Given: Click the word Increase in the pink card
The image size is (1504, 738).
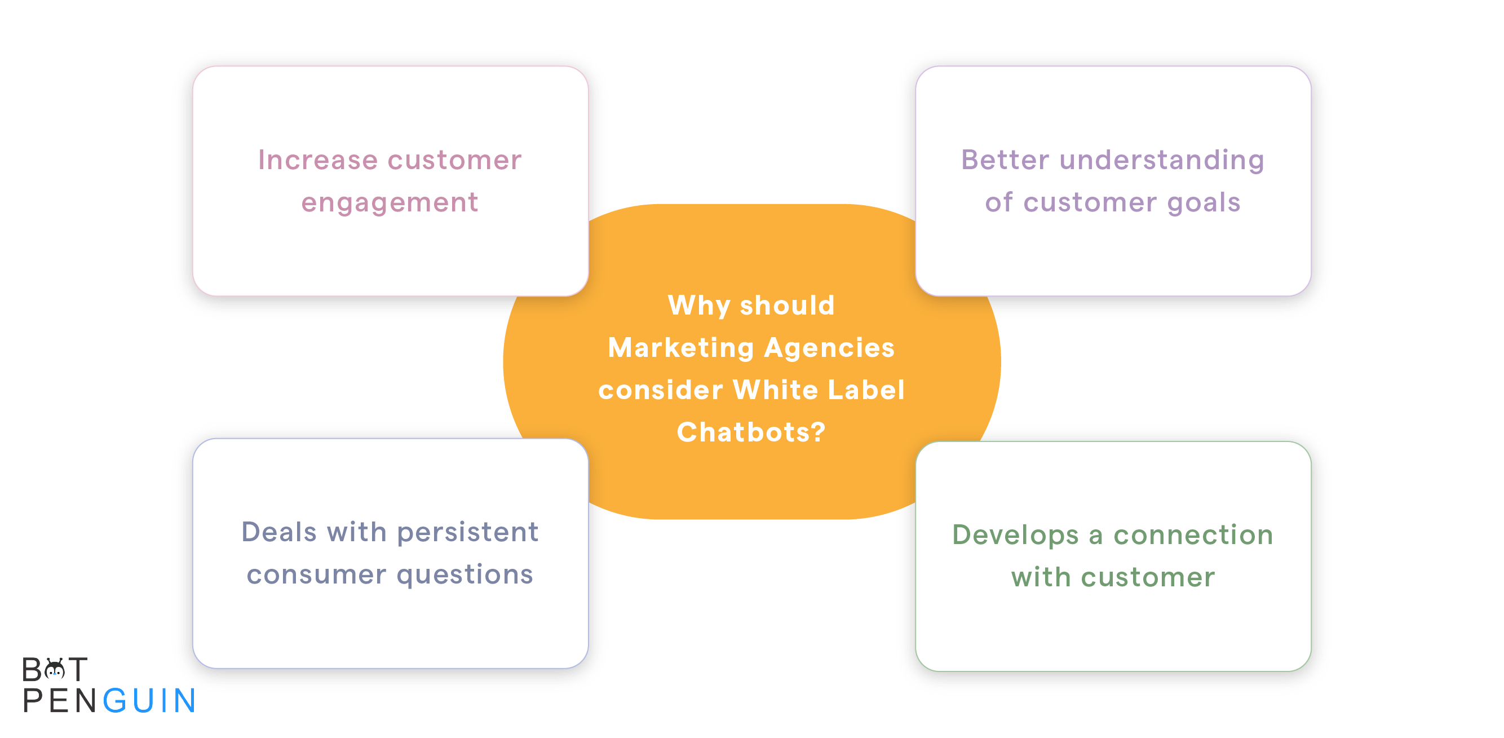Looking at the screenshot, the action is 318,160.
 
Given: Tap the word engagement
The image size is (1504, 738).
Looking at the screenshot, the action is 390,203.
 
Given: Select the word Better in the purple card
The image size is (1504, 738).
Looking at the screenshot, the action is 1006,160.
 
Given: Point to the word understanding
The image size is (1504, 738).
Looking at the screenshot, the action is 1162,161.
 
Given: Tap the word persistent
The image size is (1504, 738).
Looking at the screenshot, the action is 467,532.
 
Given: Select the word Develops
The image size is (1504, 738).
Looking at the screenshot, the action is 1015,536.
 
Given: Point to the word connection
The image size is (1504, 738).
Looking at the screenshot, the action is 1193,535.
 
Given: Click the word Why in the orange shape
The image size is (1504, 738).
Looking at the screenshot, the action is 699,306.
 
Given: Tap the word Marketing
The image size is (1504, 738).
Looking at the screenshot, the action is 681,348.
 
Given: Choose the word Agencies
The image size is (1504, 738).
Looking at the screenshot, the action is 829,348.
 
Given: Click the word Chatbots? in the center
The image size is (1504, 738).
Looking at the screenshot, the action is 751,432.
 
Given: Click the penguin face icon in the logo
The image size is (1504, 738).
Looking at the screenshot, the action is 55,669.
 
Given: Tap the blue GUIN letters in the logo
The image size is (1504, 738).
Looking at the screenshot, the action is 149,700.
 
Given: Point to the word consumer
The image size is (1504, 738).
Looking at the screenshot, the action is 316,575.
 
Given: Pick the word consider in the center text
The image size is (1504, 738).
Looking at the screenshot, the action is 660,390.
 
